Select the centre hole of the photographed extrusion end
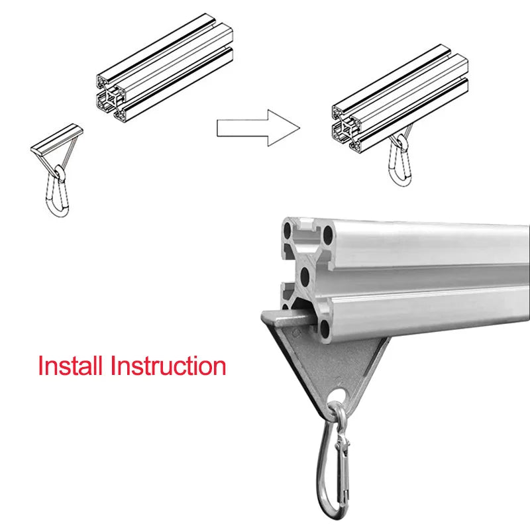coord(306,274)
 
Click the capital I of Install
coord(41,366)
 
